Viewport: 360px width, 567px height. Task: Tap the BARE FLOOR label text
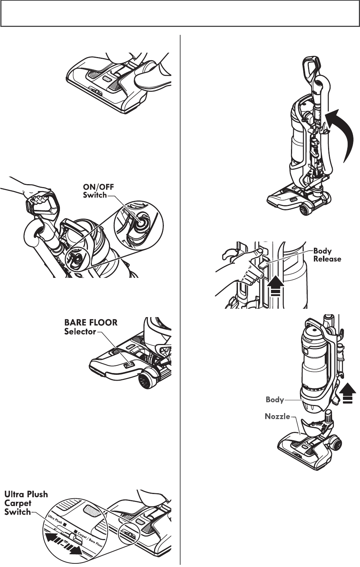coord(91,322)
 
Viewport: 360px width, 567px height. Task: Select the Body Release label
coord(327,255)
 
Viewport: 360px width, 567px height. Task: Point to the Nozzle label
coord(277,416)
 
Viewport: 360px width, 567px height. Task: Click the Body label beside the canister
coord(275,400)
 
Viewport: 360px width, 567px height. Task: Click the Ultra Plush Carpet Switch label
coord(26,503)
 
